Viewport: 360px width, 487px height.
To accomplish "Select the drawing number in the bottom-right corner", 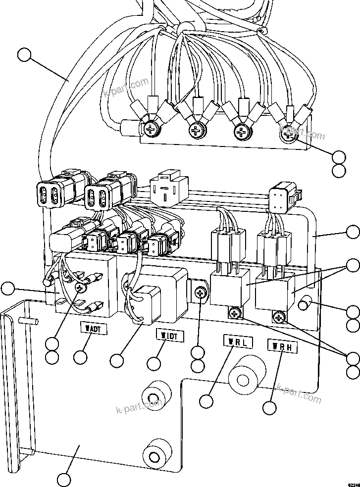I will [354, 484].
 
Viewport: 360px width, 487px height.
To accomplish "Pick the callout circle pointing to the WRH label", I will [269, 408].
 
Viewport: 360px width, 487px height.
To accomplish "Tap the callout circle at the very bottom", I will [64, 480].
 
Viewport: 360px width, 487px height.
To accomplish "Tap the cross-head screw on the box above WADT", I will [80, 287].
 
